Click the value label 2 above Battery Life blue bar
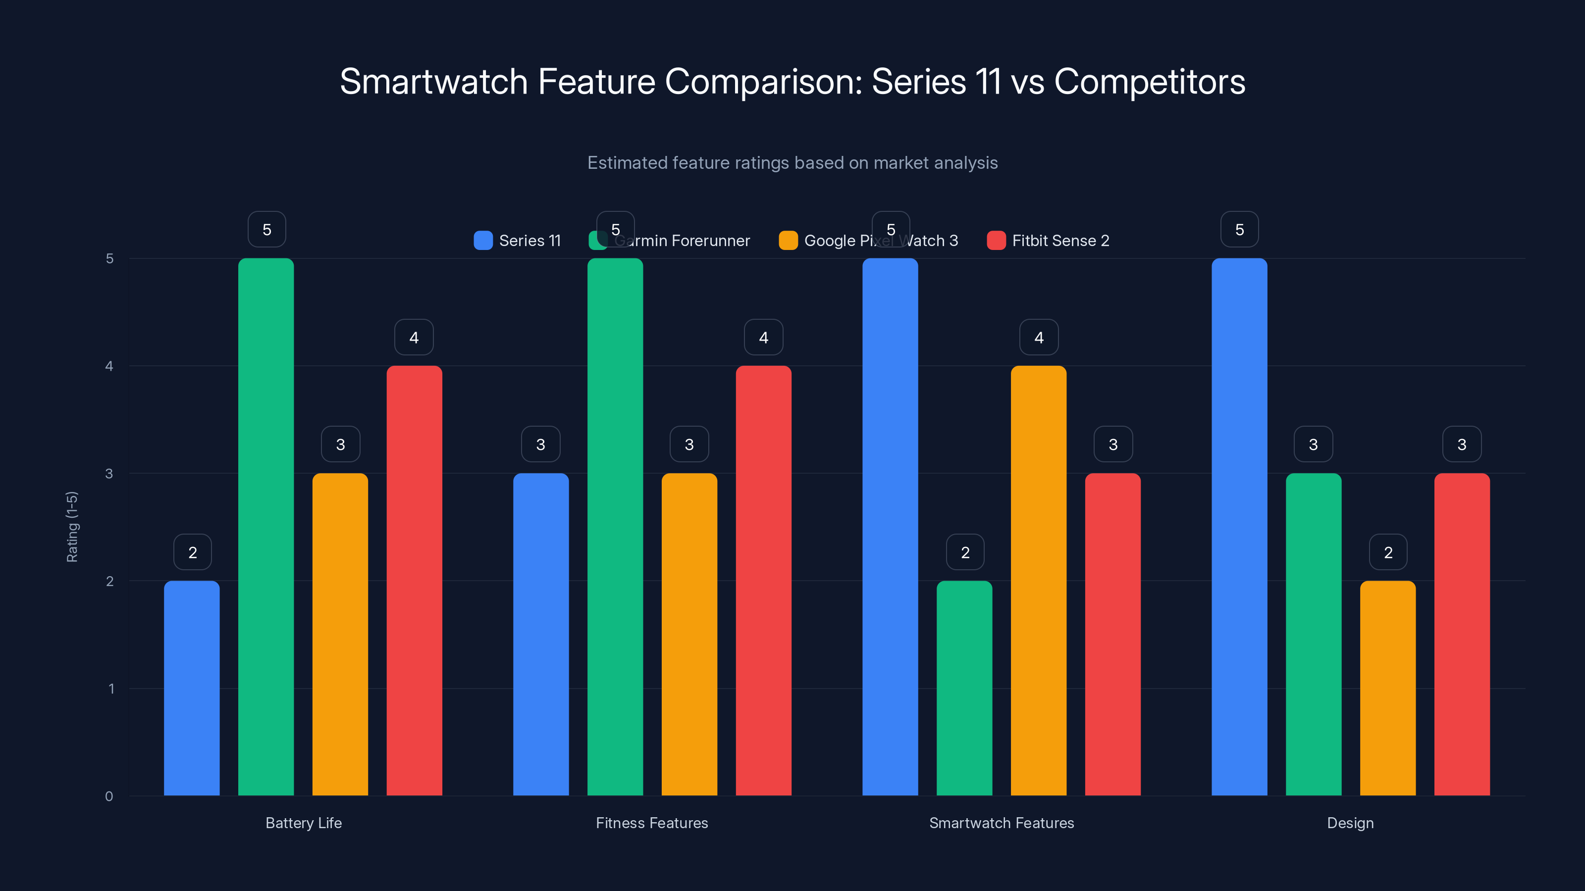point(193,552)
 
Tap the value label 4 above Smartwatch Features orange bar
point(1039,337)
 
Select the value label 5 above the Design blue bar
point(1239,229)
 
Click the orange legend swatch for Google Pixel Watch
point(788,241)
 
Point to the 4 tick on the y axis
point(109,366)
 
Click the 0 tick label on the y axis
point(109,796)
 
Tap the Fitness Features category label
point(652,823)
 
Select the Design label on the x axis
point(1350,823)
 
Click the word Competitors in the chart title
point(1149,81)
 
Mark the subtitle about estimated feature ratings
point(792,162)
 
